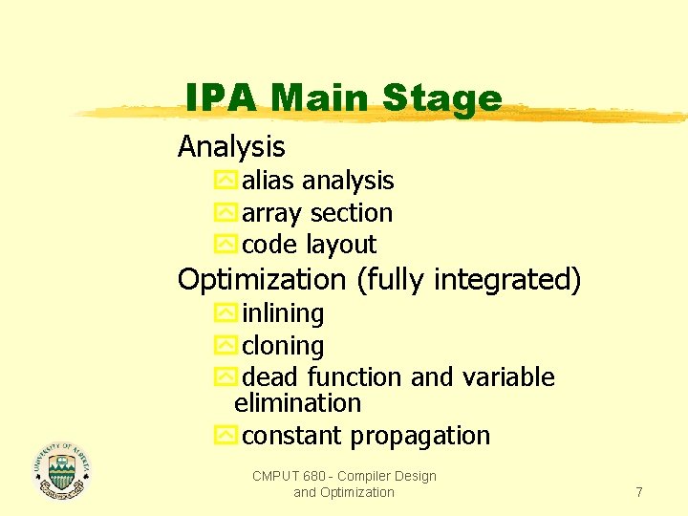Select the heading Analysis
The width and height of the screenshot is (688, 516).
(x=231, y=146)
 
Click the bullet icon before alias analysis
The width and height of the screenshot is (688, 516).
(x=225, y=181)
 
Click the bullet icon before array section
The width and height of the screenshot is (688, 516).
(x=225, y=213)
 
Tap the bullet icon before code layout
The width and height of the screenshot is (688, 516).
(x=225, y=245)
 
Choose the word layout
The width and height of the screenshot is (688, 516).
(x=341, y=245)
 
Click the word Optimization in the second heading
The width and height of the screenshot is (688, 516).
(x=263, y=280)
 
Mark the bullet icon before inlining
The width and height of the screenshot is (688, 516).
(x=225, y=313)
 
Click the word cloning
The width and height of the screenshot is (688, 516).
(x=283, y=345)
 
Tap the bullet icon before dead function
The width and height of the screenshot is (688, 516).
(x=225, y=377)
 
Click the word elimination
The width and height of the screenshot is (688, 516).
(x=297, y=403)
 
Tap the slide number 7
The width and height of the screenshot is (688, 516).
(x=639, y=492)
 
